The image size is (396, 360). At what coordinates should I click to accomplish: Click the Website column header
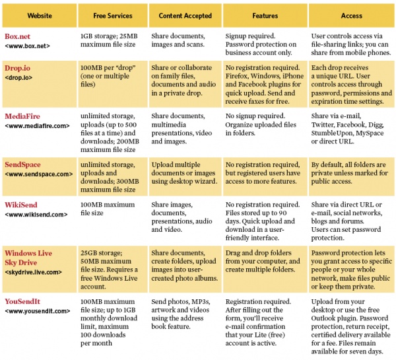tap(40, 16)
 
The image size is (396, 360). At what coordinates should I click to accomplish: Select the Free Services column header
tap(113, 16)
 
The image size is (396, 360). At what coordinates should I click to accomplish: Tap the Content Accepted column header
tap(185, 16)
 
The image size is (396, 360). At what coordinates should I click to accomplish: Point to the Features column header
tap(265, 16)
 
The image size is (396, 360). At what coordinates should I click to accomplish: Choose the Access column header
tap(352, 16)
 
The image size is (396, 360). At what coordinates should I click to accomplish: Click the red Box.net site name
tap(17, 36)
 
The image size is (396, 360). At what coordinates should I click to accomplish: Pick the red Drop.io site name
tap(17, 68)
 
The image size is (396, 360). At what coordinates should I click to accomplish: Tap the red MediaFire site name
tap(22, 116)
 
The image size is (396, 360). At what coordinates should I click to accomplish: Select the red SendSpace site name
tap(22, 164)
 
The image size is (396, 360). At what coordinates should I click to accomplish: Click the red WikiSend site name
tap(21, 205)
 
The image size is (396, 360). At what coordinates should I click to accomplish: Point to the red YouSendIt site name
tap(22, 301)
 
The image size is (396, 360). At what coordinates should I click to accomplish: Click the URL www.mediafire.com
tap(37, 126)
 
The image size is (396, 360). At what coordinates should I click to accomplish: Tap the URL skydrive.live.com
tap(34, 272)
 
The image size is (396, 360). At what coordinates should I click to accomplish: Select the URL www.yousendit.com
tap(38, 311)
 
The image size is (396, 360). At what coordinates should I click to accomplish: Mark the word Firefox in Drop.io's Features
tap(236, 76)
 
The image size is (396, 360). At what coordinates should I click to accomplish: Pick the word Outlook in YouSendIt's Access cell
tap(323, 318)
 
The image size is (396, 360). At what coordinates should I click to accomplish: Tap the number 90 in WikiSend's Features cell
tap(282, 213)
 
